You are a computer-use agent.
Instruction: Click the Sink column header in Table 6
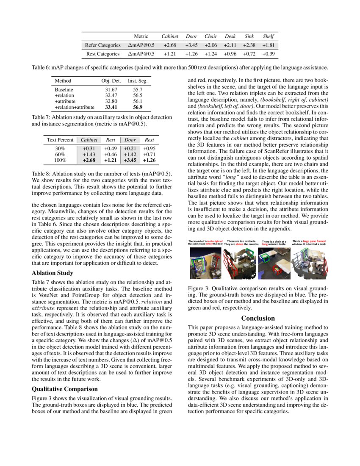point(249,36)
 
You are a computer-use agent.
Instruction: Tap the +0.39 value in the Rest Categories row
point(268,54)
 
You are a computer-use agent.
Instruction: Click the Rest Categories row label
point(102,54)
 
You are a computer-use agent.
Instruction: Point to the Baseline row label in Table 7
point(64,90)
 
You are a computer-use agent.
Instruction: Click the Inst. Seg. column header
point(137,80)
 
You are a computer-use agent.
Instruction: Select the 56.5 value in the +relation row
point(137,96)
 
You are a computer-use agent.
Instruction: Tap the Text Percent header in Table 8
point(61,140)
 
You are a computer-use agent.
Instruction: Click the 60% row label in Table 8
point(60,155)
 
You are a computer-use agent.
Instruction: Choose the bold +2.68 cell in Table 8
point(89,161)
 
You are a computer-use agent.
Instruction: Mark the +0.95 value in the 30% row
point(150,149)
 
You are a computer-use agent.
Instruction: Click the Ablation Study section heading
point(53,273)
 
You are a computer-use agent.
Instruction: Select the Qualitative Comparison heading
point(65,388)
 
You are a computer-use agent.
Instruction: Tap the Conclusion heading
point(258,318)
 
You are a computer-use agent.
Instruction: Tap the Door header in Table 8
point(130,140)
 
